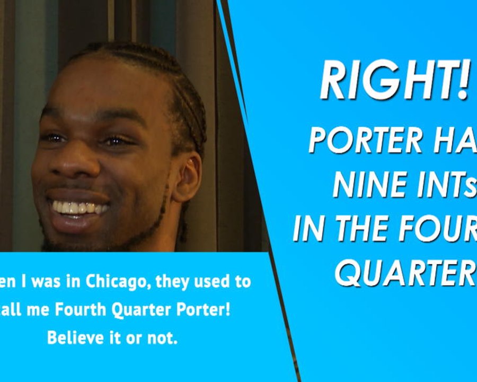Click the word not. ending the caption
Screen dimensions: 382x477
pos(162,338)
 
